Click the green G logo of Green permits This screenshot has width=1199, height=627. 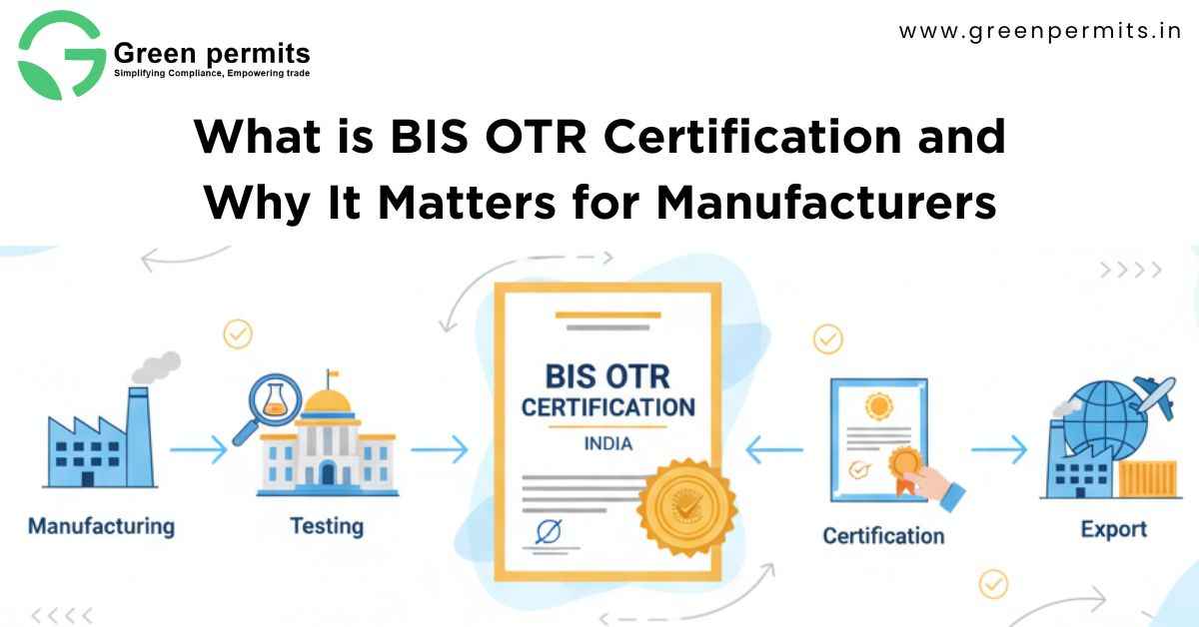62,56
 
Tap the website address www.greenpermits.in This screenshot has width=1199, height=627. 1040,31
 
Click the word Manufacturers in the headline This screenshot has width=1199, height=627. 826,203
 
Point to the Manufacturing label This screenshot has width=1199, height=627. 101,526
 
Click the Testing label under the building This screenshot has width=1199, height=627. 327,526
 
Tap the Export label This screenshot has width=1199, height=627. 1113,529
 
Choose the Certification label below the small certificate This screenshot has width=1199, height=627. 883,536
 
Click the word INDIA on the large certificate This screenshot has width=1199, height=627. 608,443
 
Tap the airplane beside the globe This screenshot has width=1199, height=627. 1155,397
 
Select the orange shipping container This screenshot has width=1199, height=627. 1148,479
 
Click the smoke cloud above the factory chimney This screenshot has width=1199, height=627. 156,367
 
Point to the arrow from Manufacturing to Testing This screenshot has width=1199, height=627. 199,449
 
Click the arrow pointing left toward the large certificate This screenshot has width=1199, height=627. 774,449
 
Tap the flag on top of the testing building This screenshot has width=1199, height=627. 332,372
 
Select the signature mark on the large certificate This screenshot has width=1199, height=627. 550,532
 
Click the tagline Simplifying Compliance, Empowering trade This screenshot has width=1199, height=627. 212,73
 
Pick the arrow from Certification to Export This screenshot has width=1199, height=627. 999,449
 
